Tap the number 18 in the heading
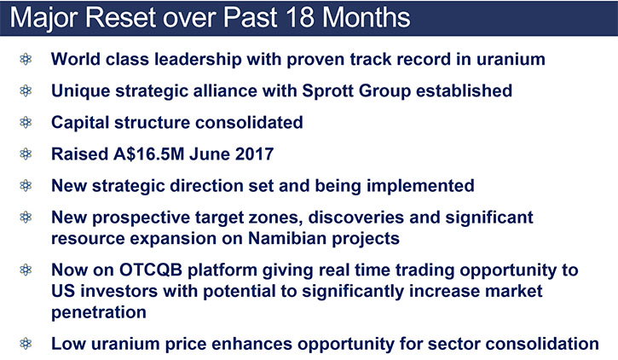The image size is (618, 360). tap(300, 18)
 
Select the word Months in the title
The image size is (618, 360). tap(367, 18)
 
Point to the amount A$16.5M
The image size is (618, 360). tap(149, 154)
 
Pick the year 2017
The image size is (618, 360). tap(254, 154)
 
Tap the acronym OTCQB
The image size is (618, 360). tap(151, 270)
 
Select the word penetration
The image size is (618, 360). tap(99, 313)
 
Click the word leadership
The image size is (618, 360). tap(198, 60)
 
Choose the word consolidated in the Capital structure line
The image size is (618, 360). tap(249, 122)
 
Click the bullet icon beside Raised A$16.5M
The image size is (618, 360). tap(26, 154)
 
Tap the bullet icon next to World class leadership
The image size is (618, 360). tap(26, 59)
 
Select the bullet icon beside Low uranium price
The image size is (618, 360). tap(26, 344)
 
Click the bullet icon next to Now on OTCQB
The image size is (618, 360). tap(26, 270)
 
